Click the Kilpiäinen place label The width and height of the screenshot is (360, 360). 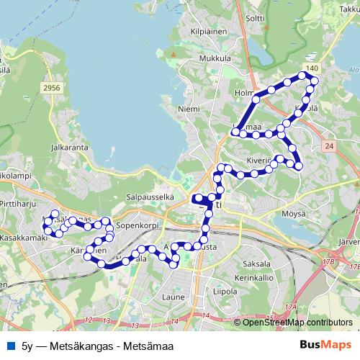tap(204, 32)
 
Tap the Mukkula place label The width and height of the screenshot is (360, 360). tap(215, 58)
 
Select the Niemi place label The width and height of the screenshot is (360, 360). tap(188, 109)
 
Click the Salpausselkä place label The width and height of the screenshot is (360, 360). tap(150, 196)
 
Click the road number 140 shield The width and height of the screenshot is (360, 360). tap(311, 67)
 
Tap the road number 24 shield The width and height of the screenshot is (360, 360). tap(329, 146)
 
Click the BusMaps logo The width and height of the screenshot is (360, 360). tap(325, 346)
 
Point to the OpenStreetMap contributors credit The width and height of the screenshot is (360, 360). tap(297, 323)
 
